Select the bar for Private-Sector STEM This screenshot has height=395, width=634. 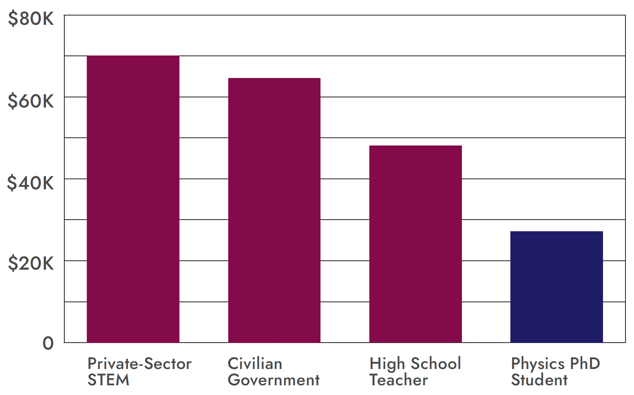click(133, 199)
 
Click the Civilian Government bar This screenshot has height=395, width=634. click(274, 210)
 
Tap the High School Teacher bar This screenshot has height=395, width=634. click(415, 244)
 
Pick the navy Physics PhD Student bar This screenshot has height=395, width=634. click(556, 287)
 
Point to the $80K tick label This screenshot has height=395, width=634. click(31, 19)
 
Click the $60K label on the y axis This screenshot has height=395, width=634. click(31, 101)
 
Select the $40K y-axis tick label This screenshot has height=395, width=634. click(31, 183)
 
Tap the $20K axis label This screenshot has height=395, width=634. click(31, 263)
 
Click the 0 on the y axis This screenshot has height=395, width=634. click(48, 343)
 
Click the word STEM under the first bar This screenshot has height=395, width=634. click(108, 380)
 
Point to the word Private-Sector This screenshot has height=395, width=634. click(139, 364)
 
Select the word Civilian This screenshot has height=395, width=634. click(255, 364)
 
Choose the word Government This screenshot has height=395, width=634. click(273, 380)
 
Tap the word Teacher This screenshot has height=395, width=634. click(398, 380)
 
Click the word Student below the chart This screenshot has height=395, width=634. click(539, 380)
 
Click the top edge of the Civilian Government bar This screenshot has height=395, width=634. click(274, 78)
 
